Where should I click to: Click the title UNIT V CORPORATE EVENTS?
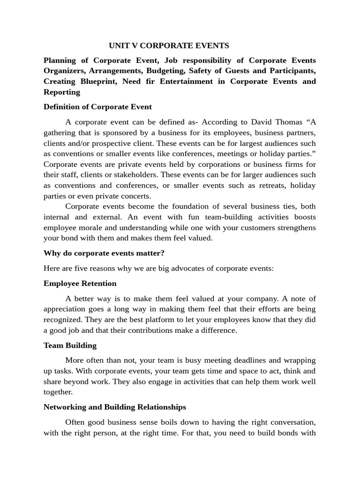[169, 45]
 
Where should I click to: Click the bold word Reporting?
[62, 92]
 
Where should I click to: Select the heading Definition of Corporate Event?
[97, 107]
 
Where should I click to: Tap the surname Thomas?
[294, 122]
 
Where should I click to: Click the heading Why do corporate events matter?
[104, 253]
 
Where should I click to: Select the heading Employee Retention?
[80, 283]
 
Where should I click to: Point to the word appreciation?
[66, 309]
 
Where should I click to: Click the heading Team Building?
[70, 345]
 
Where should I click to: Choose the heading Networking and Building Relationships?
[115, 407]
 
